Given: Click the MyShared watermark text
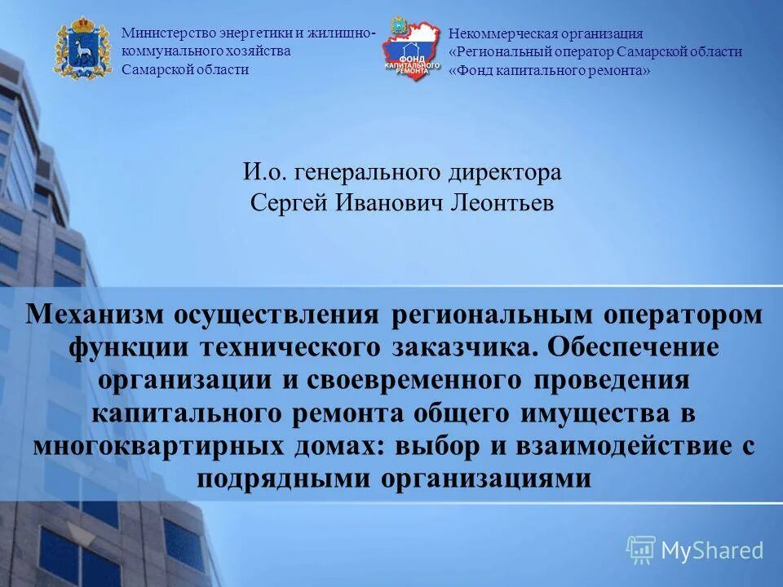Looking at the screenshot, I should (x=712, y=550).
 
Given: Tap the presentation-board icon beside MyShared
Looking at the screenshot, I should (x=640, y=549).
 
